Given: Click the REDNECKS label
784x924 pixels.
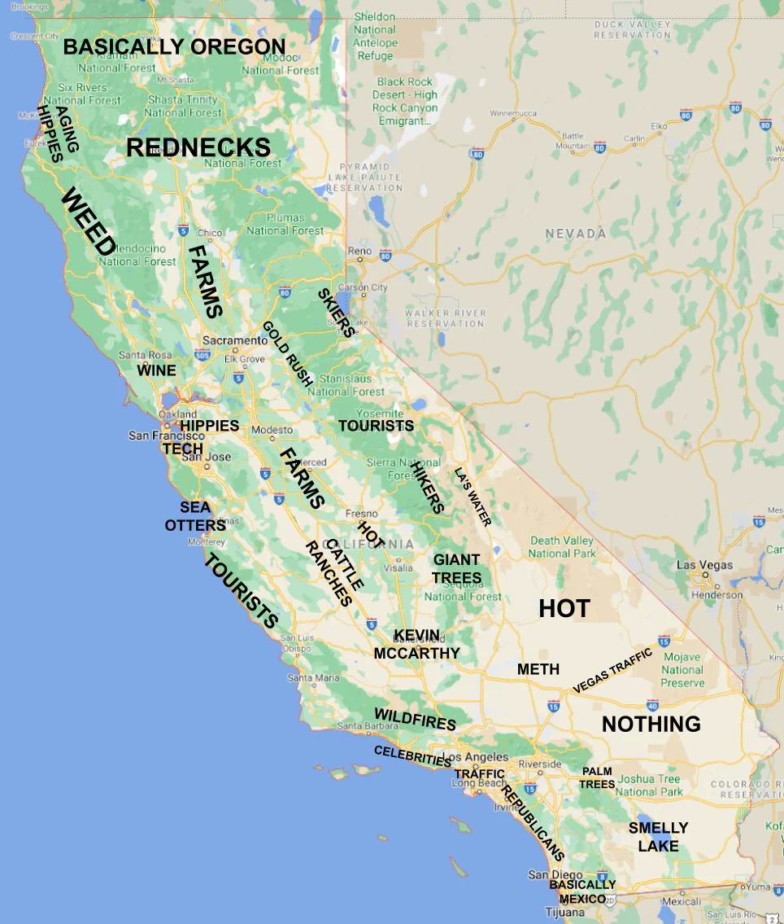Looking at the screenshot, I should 198,147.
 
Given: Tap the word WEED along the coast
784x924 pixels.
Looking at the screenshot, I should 87,221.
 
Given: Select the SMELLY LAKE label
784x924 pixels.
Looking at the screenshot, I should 658,837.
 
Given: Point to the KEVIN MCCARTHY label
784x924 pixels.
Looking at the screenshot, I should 417,644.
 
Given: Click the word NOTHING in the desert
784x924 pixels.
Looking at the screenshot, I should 651,724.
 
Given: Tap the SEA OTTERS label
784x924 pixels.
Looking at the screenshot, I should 195,516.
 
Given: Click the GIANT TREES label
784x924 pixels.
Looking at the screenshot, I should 456,568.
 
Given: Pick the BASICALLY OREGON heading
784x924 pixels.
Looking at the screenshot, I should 174,46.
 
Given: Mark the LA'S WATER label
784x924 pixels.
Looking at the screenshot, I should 473,497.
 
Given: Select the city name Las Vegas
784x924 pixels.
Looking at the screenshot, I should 704,565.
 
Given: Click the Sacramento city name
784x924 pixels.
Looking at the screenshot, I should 235,340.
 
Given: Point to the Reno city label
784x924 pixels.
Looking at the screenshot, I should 359,252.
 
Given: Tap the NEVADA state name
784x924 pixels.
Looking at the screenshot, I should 575,234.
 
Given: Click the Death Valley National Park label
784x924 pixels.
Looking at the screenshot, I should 562,547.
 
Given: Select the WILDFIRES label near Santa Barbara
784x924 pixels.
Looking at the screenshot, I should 415,719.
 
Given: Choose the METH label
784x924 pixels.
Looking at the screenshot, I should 538,669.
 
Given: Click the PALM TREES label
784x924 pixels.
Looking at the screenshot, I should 597,777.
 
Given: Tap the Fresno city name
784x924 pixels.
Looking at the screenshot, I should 361,514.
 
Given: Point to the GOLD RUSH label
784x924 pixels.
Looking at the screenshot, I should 287,353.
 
